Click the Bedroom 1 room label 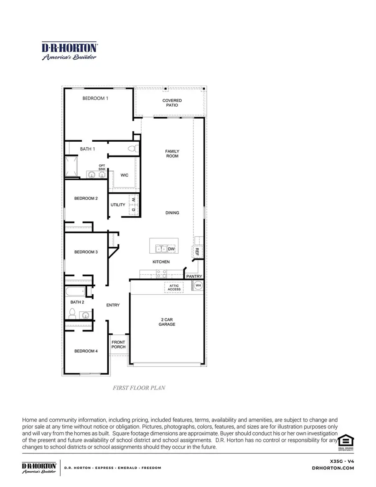pyautogui.click(x=95, y=98)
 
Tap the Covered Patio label pyautogui.click(x=172, y=103)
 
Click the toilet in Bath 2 pyautogui.click(x=72, y=313)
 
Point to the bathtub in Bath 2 pyautogui.click(x=76, y=291)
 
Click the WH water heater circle pyautogui.click(x=198, y=286)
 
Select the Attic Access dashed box pyautogui.click(x=174, y=287)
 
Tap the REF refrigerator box pyautogui.click(x=197, y=252)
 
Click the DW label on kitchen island pyautogui.click(x=171, y=249)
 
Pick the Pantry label pyautogui.click(x=194, y=276)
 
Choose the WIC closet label pyautogui.click(x=124, y=175)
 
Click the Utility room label pyautogui.click(x=118, y=205)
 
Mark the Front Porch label pyautogui.click(x=118, y=344)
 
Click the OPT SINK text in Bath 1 pyautogui.click(x=102, y=167)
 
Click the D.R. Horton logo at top pyautogui.click(x=69, y=51)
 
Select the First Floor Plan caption pyautogui.click(x=139, y=388)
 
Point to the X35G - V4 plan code pyautogui.click(x=342, y=461)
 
